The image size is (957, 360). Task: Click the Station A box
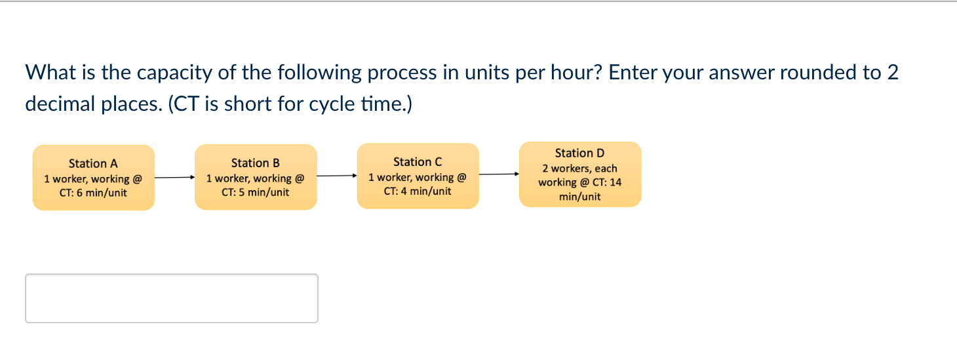94,178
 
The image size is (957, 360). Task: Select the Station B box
256,177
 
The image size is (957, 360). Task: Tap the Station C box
418,176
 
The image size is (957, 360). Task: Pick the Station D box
580,174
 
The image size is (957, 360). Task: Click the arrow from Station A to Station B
174,177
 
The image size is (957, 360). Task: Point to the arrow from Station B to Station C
336,176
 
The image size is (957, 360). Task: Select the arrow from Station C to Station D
499,174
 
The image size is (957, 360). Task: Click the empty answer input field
172,298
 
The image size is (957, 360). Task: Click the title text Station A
93,164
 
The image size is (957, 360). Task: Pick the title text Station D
579,153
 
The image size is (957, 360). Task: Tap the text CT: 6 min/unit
93,193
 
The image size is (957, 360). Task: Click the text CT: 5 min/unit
255,192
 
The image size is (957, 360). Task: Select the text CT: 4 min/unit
418,191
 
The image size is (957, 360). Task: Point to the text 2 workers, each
579,169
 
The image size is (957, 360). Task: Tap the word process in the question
401,73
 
